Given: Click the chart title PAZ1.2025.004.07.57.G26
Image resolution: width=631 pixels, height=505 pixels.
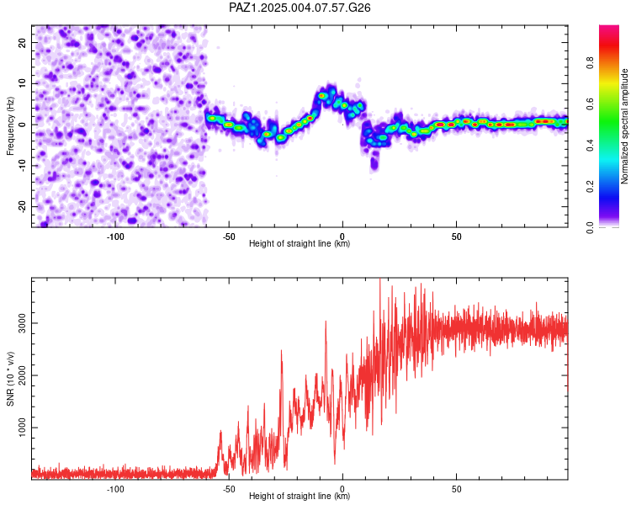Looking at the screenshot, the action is (300, 8).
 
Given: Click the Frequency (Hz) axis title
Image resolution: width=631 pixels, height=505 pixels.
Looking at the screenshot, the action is (10, 126).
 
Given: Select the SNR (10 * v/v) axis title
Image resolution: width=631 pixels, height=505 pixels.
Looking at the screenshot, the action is (10, 379).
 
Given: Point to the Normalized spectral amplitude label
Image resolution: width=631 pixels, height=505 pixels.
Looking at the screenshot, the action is (624, 126).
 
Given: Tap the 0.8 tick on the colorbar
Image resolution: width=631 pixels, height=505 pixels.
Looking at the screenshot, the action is (590, 63).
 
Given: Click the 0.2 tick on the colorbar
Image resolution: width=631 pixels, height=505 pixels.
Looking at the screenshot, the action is (590, 187).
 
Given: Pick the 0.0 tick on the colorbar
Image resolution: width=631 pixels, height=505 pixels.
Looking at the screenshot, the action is (590, 227).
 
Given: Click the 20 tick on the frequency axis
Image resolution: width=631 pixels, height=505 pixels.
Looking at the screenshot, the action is (22, 42).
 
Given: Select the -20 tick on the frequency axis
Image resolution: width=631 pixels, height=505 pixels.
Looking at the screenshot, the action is (22, 206).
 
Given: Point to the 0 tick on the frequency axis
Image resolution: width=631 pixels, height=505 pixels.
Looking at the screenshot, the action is (22, 125).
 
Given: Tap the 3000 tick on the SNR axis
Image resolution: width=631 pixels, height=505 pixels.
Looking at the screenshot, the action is (22, 323).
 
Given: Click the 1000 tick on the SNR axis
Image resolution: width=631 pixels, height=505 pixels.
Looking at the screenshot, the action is (22, 428).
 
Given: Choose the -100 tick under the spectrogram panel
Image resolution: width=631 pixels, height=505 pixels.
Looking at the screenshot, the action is (115, 237).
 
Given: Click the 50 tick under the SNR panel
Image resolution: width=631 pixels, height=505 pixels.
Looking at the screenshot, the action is (456, 489).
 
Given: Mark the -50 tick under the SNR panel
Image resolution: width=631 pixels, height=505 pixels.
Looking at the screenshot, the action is (229, 489).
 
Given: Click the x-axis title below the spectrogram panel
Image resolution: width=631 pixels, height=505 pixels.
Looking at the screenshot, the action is (300, 243).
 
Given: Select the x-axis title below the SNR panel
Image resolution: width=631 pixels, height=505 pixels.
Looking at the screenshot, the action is (300, 496).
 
